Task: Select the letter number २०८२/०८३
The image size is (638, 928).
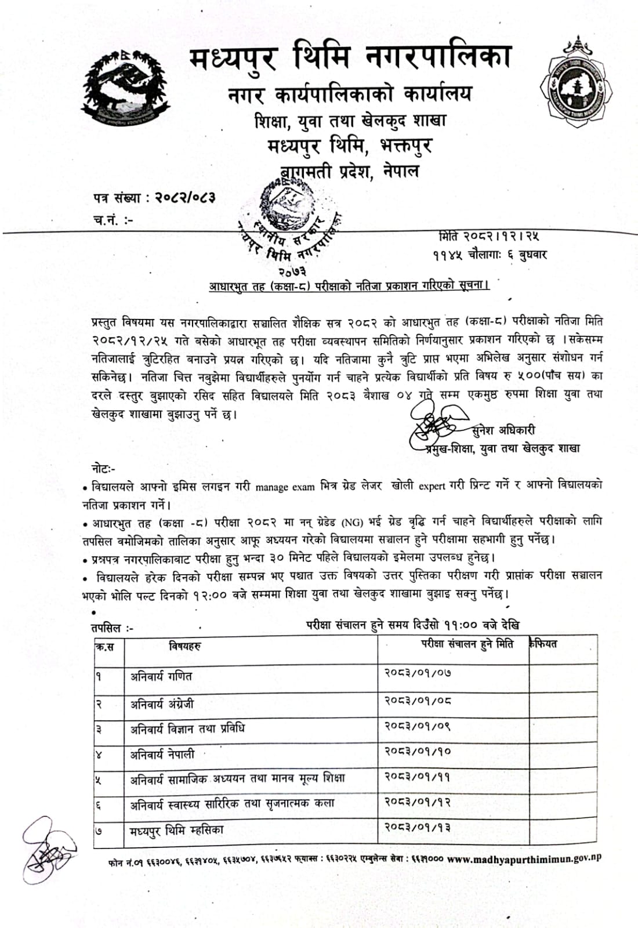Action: (x=184, y=198)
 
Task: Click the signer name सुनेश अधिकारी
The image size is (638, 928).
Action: (x=503, y=430)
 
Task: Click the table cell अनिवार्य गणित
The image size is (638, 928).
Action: (x=161, y=676)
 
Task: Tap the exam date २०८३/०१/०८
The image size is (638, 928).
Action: (x=418, y=700)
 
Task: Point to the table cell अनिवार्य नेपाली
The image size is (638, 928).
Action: (x=162, y=755)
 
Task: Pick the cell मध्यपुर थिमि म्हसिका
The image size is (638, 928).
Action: (x=176, y=831)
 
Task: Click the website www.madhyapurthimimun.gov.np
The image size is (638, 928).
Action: (x=524, y=859)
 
